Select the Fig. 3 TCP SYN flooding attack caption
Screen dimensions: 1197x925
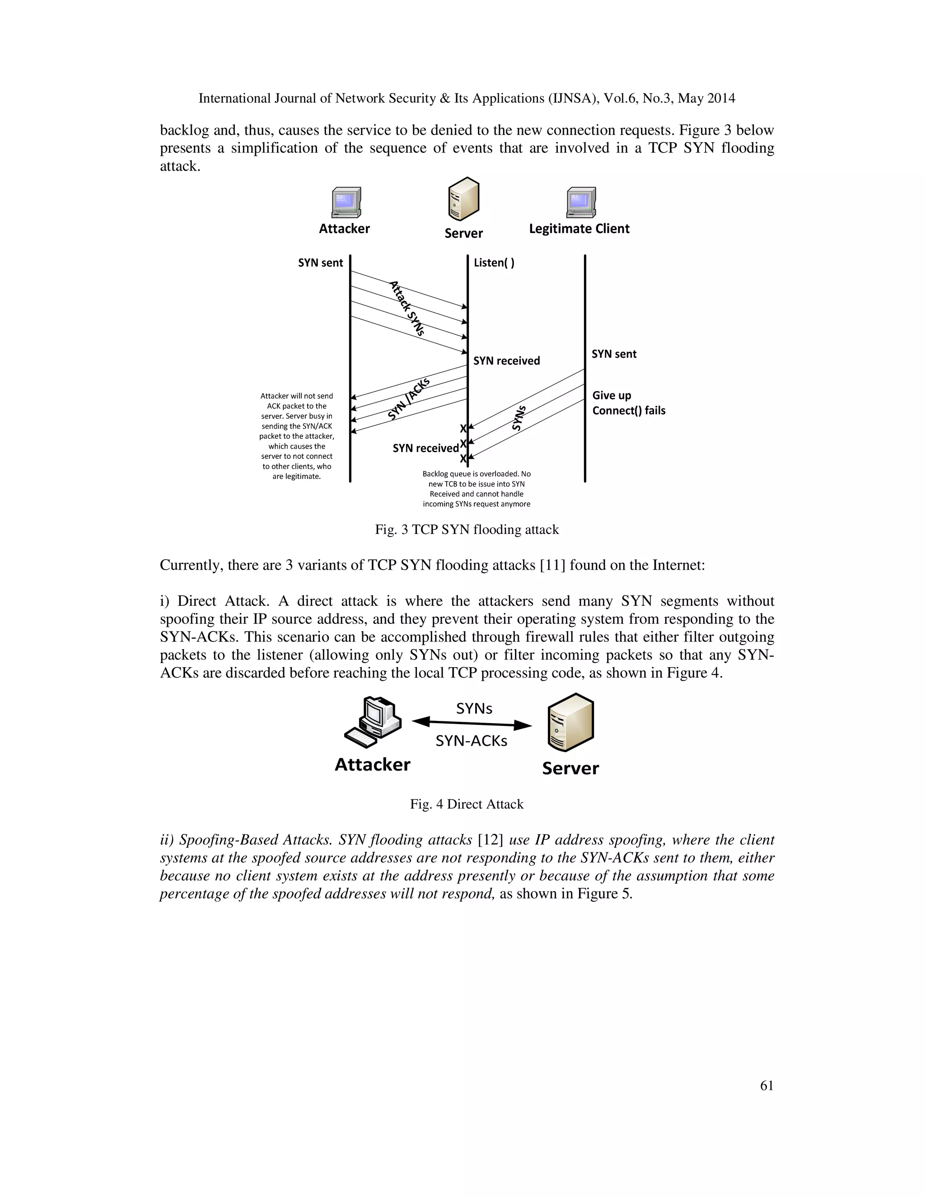click(466, 529)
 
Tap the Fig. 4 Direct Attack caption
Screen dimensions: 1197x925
click(466, 804)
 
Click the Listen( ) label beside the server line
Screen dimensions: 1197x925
click(494, 262)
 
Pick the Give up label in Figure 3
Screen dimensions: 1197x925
click(612, 395)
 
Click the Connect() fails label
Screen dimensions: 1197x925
click(629, 411)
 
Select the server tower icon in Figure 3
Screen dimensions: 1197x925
click(463, 199)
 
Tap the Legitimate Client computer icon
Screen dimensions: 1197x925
click(581, 203)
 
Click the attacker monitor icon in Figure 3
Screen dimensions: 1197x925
click(346, 203)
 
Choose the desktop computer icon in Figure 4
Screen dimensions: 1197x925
click(373, 722)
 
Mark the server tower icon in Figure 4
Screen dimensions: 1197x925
click(570, 723)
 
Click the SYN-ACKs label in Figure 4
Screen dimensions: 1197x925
click(471, 741)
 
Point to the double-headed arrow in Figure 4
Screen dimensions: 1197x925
click(472, 724)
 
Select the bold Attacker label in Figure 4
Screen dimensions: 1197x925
click(372, 765)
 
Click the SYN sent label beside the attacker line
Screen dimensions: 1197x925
click(320, 262)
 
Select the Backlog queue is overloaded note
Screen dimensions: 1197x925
click(476, 488)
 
